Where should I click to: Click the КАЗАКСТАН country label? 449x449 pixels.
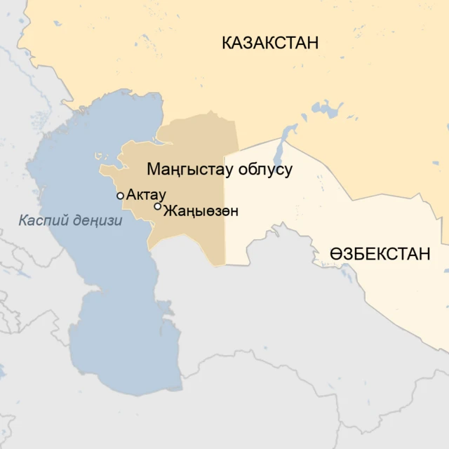(270, 43)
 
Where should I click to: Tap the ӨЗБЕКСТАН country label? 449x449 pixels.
(380, 254)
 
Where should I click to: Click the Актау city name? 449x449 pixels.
(147, 195)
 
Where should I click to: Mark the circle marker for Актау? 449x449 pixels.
(121, 196)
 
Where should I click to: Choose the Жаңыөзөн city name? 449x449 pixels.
(200, 210)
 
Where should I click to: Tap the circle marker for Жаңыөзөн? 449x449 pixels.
(158, 206)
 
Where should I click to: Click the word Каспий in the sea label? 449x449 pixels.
(41, 221)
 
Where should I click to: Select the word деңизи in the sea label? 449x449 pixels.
(96, 221)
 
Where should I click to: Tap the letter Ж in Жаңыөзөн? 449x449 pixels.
(169, 210)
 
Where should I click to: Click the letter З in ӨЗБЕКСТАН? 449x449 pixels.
(349, 254)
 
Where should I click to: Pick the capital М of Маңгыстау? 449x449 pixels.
(152, 169)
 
